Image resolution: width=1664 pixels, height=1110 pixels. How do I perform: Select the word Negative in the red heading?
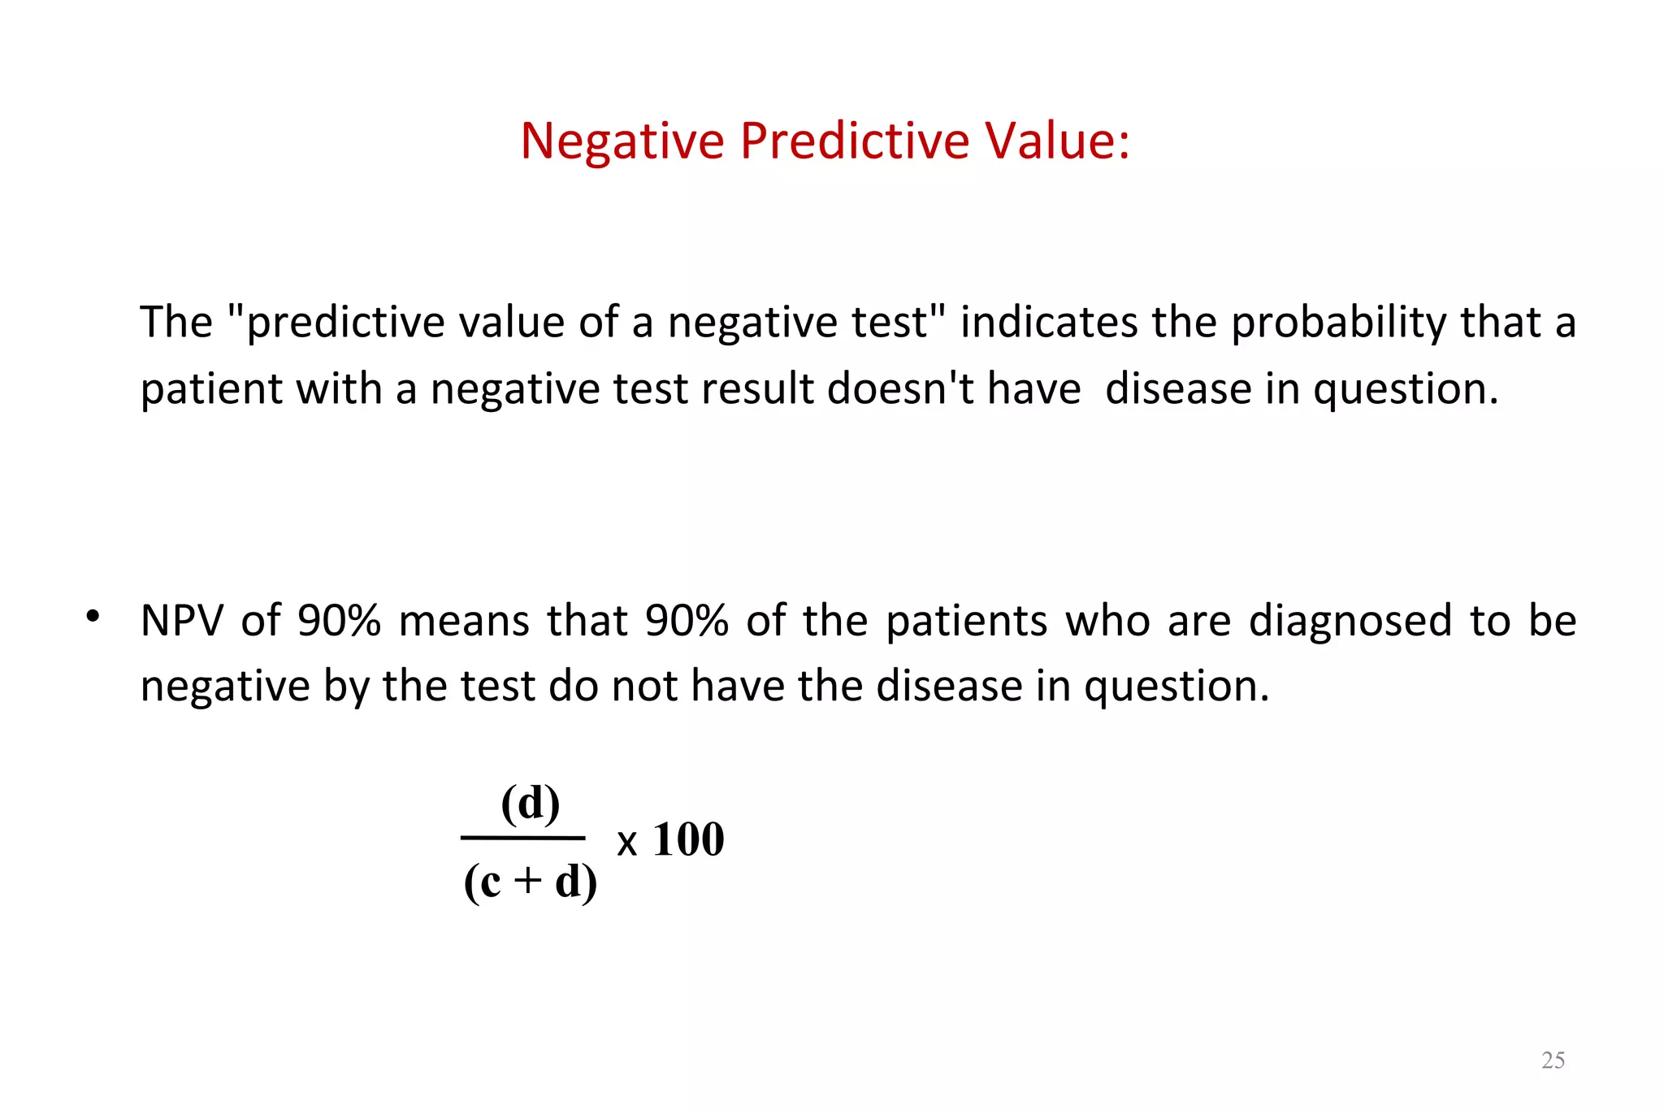622,141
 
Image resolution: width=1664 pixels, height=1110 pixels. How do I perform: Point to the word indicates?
1048,322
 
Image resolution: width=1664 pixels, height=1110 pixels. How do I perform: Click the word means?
464,621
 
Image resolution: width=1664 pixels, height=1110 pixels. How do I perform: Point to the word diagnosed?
1350,622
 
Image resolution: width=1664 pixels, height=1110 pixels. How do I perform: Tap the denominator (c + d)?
530,882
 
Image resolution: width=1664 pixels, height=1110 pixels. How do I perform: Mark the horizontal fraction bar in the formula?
522,837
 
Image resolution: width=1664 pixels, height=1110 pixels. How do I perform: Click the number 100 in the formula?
688,839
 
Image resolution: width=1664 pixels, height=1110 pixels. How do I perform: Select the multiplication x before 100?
626,843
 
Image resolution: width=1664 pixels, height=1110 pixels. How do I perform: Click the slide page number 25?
1553,1060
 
